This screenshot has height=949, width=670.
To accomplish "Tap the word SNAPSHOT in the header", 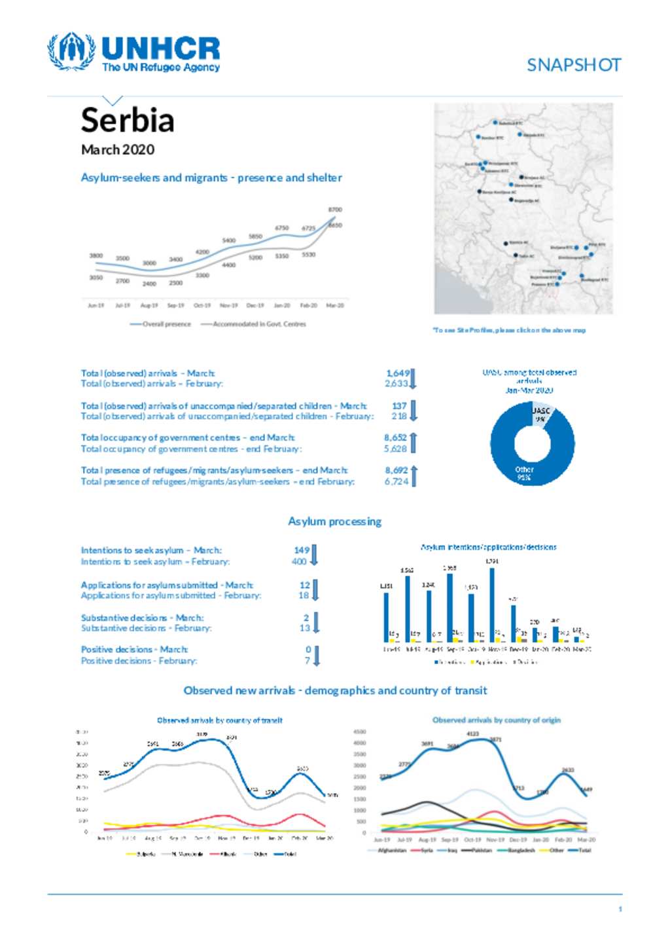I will [x=574, y=65].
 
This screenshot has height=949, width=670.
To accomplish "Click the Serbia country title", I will [x=128, y=121].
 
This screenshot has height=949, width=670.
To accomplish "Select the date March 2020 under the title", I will [x=118, y=149].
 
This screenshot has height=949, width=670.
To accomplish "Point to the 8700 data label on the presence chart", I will [x=335, y=210].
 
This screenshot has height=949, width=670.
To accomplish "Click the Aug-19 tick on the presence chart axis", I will [x=149, y=305].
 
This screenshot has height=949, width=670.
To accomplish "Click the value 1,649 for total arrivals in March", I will [x=397, y=373].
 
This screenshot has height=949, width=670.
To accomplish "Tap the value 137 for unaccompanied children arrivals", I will [x=399, y=405].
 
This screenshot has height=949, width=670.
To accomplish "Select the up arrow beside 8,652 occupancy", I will [x=414, y=442].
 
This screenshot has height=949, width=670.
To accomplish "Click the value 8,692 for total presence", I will [x=396, y=470].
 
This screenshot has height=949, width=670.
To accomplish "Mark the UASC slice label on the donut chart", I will [x=541, y=414].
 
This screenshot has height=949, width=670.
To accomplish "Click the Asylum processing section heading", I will [x=334, y=521].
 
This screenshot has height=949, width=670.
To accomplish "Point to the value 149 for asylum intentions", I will [x=301, y=550].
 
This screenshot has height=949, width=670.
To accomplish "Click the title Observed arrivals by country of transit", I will [x=220, y=720].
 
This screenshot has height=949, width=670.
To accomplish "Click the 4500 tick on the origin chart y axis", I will [x=359, y=732].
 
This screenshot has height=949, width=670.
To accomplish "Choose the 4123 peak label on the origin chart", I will [x=472, y=734].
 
